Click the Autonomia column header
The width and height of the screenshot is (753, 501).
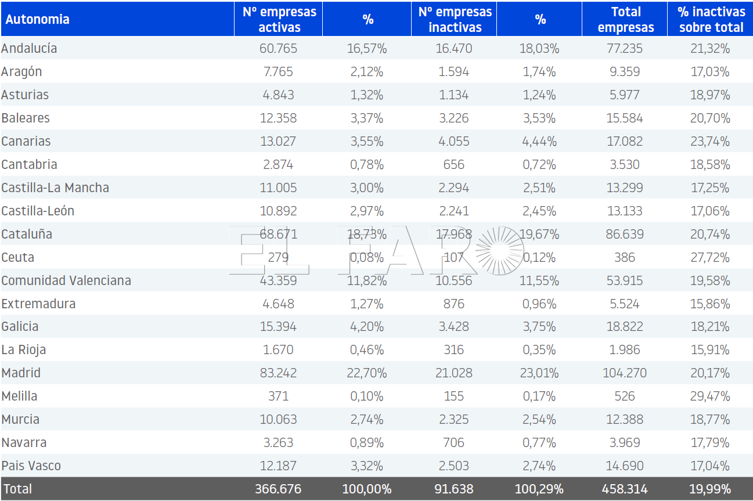(37, 19)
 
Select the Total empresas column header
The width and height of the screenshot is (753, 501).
(626, 19)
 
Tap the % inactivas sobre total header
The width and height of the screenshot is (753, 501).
(711, 19)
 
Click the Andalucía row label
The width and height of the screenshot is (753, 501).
(29, 48)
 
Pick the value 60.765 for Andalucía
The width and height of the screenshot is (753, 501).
(278, 48)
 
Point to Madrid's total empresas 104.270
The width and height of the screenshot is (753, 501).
(624, 373)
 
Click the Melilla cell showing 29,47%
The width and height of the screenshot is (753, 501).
(710, 396)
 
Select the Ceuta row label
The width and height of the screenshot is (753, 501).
(17, 257)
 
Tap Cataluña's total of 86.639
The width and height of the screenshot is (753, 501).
(624, 234)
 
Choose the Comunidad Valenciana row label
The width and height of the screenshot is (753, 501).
(66, 280)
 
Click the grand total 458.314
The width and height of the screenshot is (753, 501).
(624, 489)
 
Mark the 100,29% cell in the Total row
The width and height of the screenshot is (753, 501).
(539, 489)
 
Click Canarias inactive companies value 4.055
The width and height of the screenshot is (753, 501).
(453, 141)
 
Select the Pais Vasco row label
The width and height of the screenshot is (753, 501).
(31, 466)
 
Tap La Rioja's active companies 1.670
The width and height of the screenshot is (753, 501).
(278, 349)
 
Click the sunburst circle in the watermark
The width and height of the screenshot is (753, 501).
(499, 251)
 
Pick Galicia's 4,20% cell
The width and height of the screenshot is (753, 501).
(367, 326)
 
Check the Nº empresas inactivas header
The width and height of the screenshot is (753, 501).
(455, 19)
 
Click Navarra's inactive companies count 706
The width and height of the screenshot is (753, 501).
(453, 442)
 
